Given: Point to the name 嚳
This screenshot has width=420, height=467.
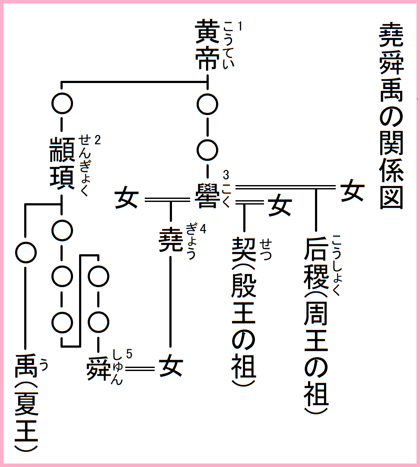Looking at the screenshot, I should pos(207,195).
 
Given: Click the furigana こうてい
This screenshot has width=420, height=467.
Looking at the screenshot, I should pos(228,45).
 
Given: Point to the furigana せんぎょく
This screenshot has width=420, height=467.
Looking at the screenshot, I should pos(85,165).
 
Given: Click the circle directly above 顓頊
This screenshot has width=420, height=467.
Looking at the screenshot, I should pos(62,103).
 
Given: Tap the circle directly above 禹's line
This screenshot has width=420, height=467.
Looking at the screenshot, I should pos(26,251).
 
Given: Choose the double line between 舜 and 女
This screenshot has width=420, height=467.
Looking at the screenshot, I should pos(139,368).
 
